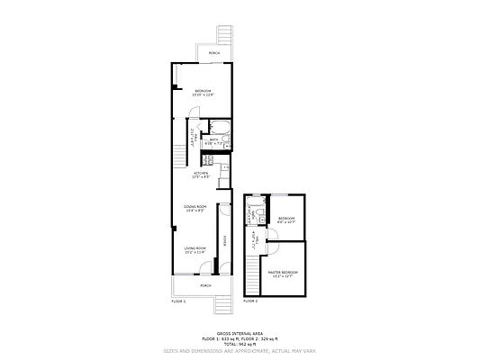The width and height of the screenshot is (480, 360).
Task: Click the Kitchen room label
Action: [x=201, y=175]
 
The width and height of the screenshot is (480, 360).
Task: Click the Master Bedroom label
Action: [x=283, y=274]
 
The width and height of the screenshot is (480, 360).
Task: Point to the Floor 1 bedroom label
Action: [x=203, y=93]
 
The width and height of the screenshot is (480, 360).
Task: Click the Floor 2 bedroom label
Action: [x=287, y=220]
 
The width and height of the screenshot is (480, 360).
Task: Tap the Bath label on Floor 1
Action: [x=214, y=140]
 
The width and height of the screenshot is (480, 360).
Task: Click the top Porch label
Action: [x=214, y=53]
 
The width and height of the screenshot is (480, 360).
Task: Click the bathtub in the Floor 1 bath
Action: [x=225, y=141]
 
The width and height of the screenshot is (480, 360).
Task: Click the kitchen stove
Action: [x=206, y=161]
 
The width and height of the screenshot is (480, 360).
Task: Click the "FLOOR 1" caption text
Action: [x=178, y=301]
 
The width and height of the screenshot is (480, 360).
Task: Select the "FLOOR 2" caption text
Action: [x=250, y=301]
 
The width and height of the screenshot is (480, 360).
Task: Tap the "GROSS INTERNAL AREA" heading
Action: [x=240, y=332]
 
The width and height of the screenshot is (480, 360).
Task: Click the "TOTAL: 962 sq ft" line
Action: [x=240, y=343]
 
